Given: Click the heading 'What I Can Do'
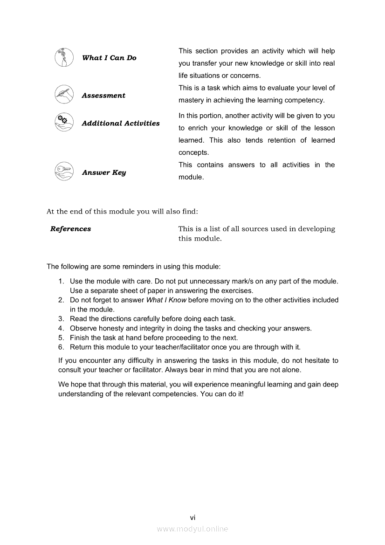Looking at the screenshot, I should tap(109, 58).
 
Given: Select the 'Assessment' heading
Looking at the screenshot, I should tap(103, 96).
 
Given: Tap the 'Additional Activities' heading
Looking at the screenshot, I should tap(120, 124).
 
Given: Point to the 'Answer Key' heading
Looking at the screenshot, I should tap(103, 172).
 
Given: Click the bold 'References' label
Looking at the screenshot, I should tap(70, 229).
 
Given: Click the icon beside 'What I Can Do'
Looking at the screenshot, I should tap(63, 58).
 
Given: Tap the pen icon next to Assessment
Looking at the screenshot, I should tap(63, 95).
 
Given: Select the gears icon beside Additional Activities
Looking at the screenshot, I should tap(63, 122).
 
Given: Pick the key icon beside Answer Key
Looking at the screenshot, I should tap(63, 172).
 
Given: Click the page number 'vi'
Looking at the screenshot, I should tap(192, 517).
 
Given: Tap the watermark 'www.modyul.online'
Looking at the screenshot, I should tap(192, 529).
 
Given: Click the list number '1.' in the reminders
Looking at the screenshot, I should tap(61, 282).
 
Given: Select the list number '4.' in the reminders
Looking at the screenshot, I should tap(61, 328).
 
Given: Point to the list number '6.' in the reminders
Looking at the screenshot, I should tap(61, 347).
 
